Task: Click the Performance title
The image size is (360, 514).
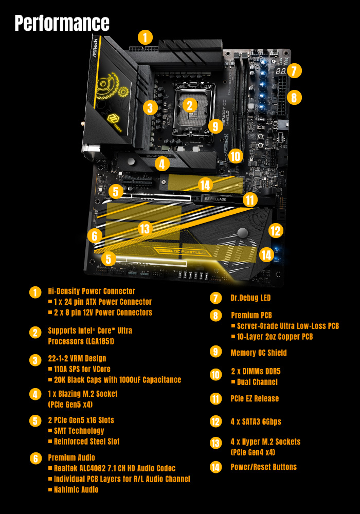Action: pyautogui.click(x=62, y=23)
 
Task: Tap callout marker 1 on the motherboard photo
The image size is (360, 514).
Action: pyautogui.click(x=146, y=37)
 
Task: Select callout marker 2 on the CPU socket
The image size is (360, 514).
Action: pyautogui.click(x=190, y=105)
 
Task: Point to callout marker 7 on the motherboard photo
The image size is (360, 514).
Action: pyautogui.click(x=293, y=70)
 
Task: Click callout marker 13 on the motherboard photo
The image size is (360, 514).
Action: pyautogui.click(x=145, y=228)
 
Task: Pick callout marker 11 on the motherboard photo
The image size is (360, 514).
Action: pyautogui.click(x=250, y=200)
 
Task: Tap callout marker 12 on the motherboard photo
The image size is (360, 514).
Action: pyautogui.click(x=276, y=231)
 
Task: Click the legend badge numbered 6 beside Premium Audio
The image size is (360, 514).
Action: pyautogui.click(x=35, y=458)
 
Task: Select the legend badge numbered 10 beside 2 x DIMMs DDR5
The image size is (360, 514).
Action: pyautogui.click(x=216, y=375)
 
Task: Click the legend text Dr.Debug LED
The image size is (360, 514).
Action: pyautogui.click(x=250, y=298)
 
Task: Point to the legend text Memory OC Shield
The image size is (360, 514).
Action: pyautogui.click(x=259, y=353)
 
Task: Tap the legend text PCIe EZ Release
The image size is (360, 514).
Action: pyautogui.click(x=255, y=398)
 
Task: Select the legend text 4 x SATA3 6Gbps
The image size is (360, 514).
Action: pyautogui.click(x=256, y=421)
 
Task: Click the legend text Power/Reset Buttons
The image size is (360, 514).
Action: pyautogui.click(x=263, y=467)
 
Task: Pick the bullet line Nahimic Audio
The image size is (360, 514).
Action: pyautogui.click(x=76, y=489)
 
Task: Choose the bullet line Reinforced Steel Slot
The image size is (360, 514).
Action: pyautogui.click(x=86, y=441)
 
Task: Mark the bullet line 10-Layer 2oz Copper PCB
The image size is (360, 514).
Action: pyautogui.click(x=275, y=337)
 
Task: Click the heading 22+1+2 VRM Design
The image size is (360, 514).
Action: pyautogui.click(x=77, y=358)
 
